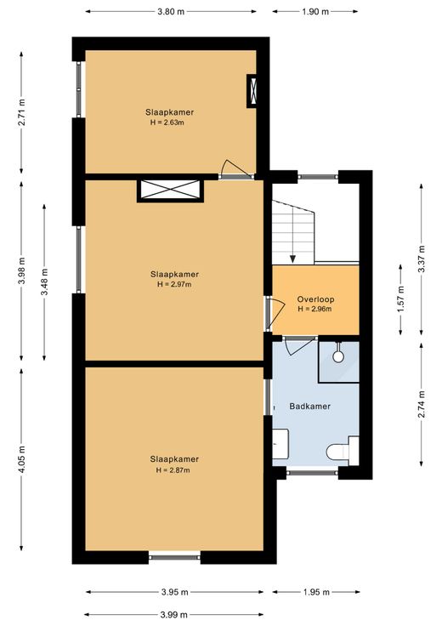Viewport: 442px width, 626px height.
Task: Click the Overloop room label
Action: point(315,299)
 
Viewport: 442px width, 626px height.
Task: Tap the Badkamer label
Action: point(310,407)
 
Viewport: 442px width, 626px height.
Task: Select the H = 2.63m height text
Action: point(167,122)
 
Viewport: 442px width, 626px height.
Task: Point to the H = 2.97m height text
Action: point(174,285)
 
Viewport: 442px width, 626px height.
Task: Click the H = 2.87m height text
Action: point(173,470)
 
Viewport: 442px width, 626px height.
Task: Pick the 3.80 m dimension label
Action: point(171,12)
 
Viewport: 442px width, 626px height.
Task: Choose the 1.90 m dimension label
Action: point(315,12)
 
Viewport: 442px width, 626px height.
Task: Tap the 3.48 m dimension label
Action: point(44,282)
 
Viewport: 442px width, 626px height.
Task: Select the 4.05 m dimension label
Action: point(21,459)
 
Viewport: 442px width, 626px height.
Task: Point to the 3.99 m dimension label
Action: point(173,615)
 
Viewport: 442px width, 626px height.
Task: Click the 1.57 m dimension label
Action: point(401,299)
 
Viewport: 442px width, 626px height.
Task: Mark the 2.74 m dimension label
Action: point(422,404)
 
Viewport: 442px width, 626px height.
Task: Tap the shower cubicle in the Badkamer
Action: point(338,361)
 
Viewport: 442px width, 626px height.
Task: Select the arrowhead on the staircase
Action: point(292,259)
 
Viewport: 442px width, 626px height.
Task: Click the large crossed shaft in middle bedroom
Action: point(170,190)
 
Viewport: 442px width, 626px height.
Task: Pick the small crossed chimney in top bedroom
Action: point(252,91)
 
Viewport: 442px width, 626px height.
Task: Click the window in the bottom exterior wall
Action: point(175,557)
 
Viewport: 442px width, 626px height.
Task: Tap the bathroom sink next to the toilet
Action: point(280,443)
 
